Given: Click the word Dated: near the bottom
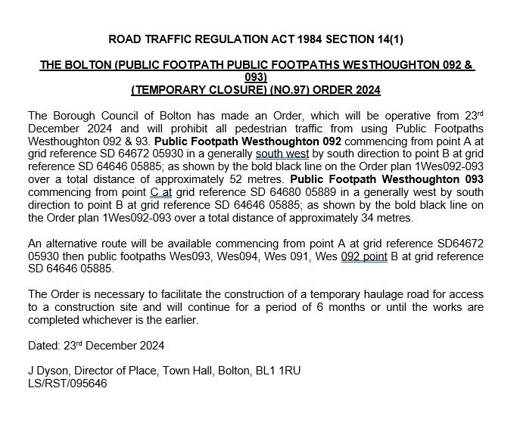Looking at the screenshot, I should click(44, 346).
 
